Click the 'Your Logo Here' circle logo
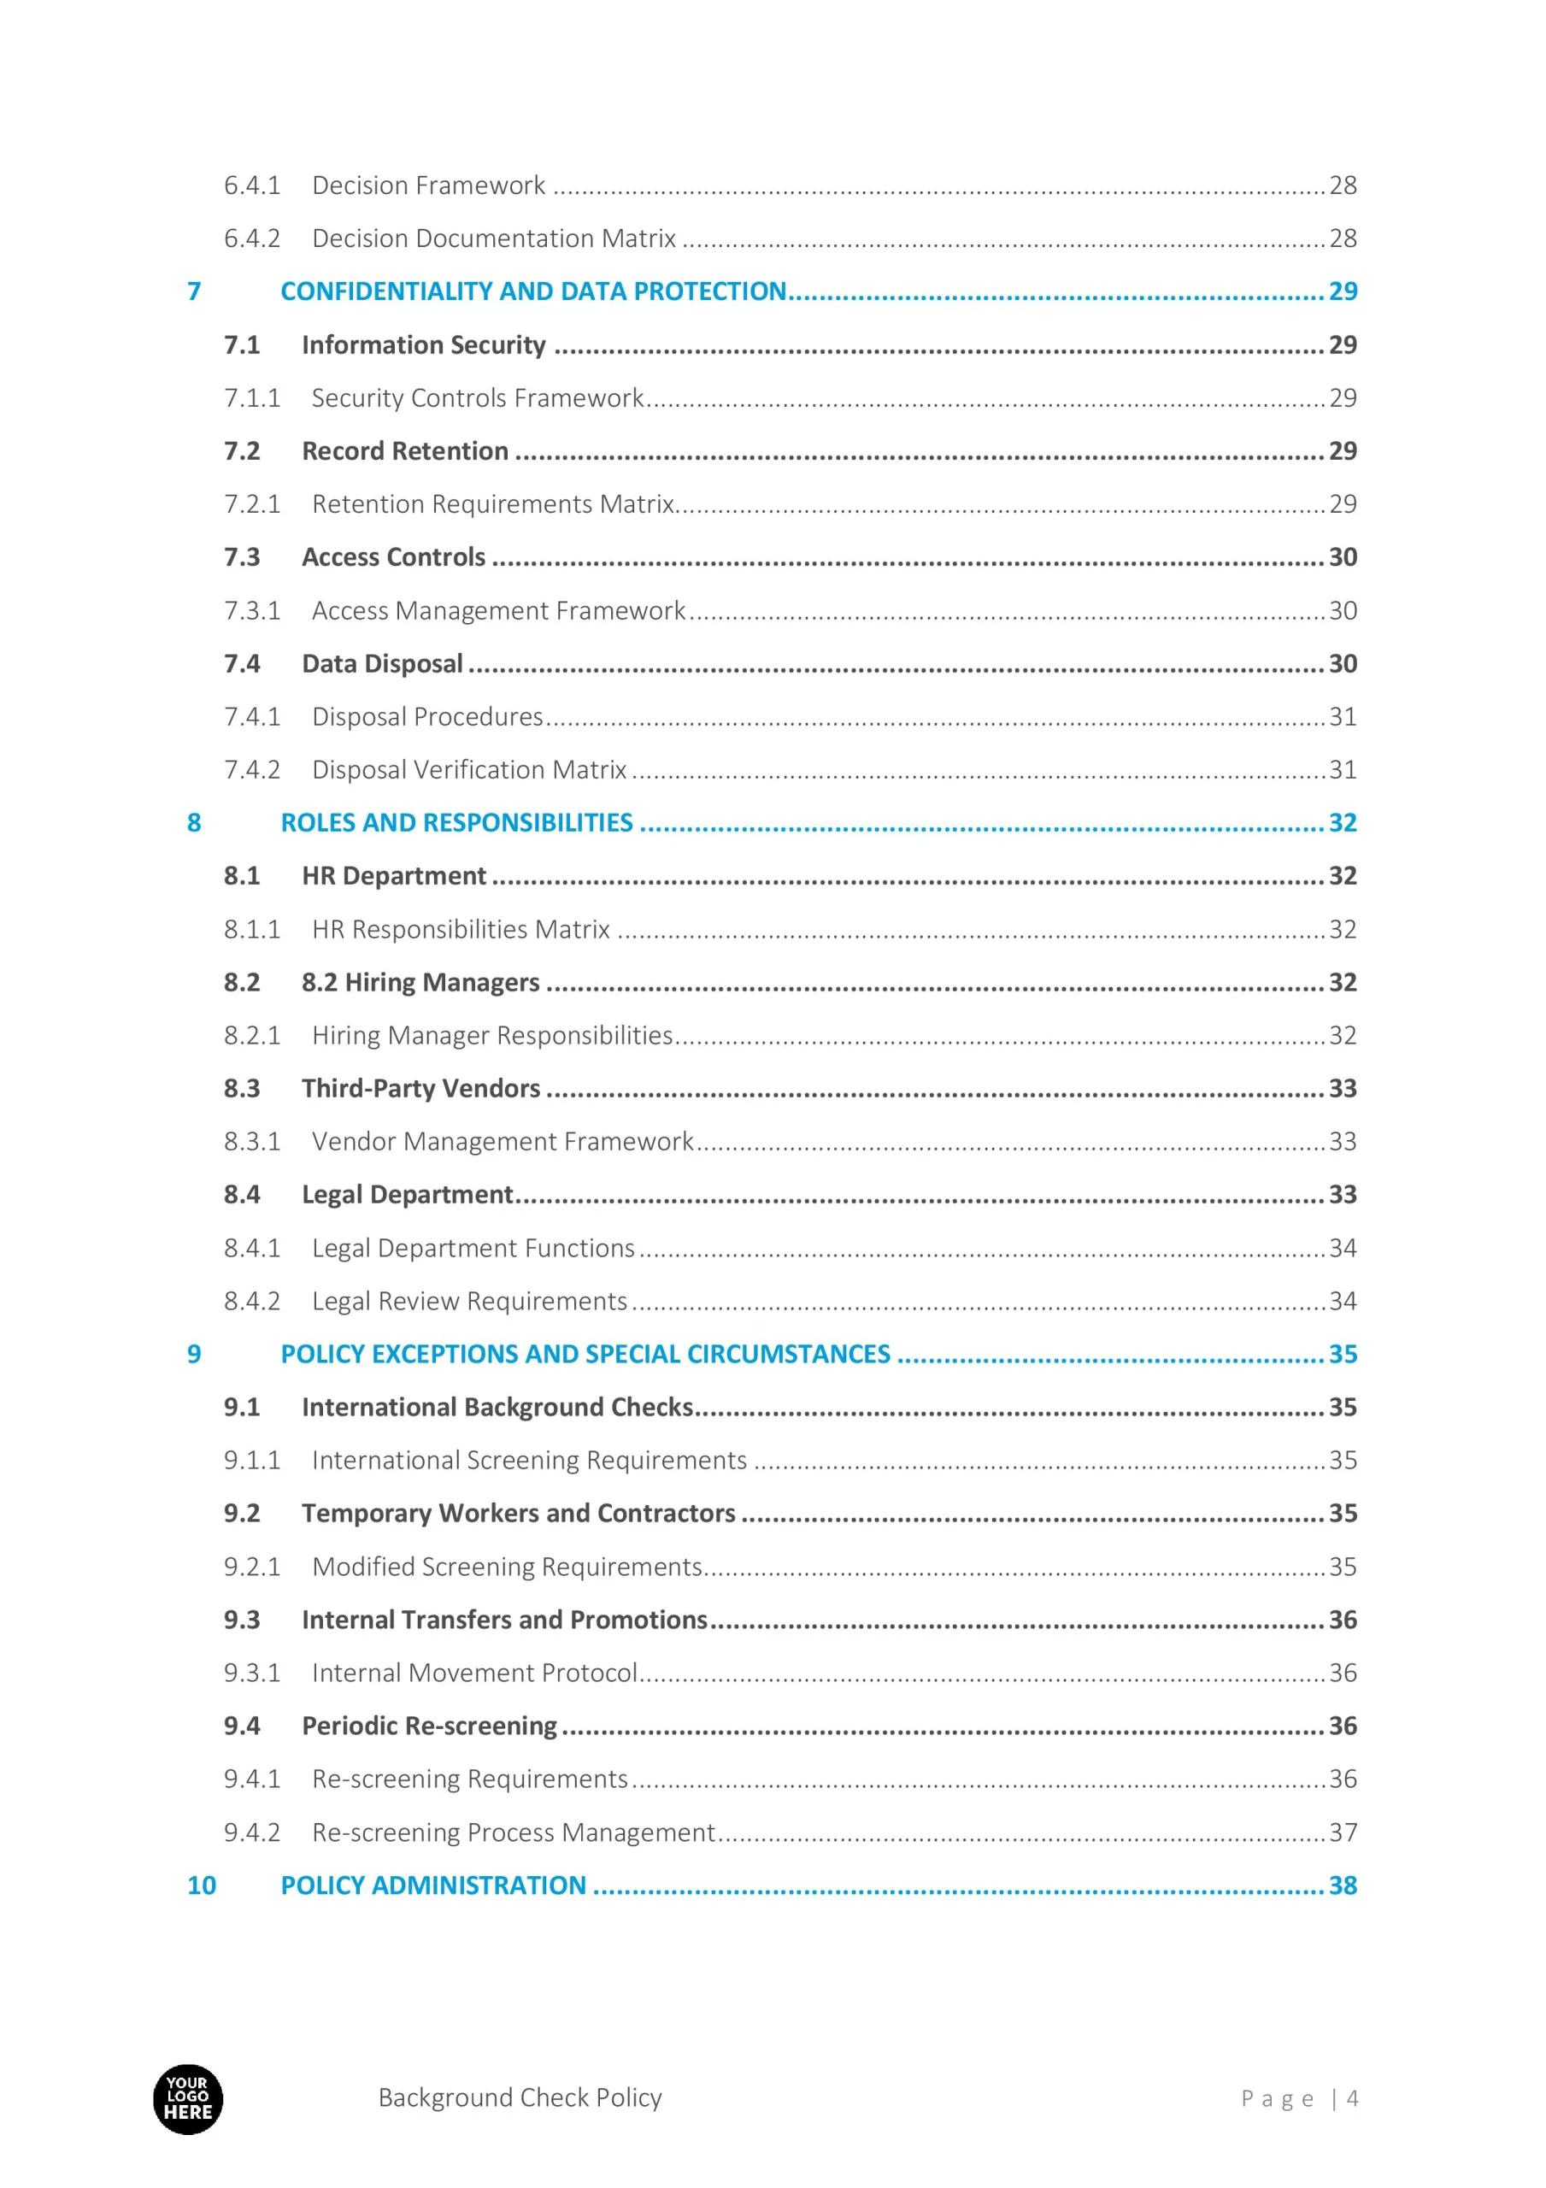tap(188, 2098)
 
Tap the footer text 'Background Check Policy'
tap(520, 2097)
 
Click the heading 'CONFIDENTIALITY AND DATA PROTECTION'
tap(532, 291)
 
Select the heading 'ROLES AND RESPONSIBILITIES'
tap(456, 822)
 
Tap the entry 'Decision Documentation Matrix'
tap(494, 238)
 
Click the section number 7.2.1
tap(251, 504)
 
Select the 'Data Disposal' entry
tap(382, 663)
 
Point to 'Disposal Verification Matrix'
tap(469, 770)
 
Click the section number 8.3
tap(242, 1088)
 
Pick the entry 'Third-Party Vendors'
tap(420, 1088)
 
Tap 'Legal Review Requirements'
tap(469, 1301)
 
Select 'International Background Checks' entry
tap(497, 1408)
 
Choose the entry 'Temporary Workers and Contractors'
tap(519, 1514)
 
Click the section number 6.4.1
tap(251, 185)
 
